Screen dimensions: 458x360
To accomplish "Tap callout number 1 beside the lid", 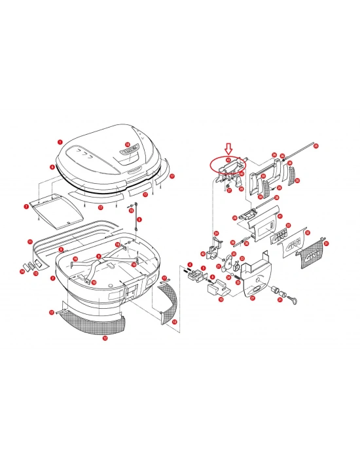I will pos(60,141).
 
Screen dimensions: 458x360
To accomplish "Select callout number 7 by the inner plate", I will pos(26,207).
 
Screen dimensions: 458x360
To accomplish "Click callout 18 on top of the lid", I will pos(128,145).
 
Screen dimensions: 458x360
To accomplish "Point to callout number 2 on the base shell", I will pos(52,277).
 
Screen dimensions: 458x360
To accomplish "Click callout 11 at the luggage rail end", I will pos(29,241).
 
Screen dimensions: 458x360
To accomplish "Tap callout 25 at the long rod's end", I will pos(315,145).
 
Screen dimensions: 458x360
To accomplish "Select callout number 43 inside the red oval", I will pos(228,159).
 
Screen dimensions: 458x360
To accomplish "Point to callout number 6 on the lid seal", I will pos(52,167).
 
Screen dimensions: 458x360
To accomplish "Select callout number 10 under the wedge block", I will pos(221,300).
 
